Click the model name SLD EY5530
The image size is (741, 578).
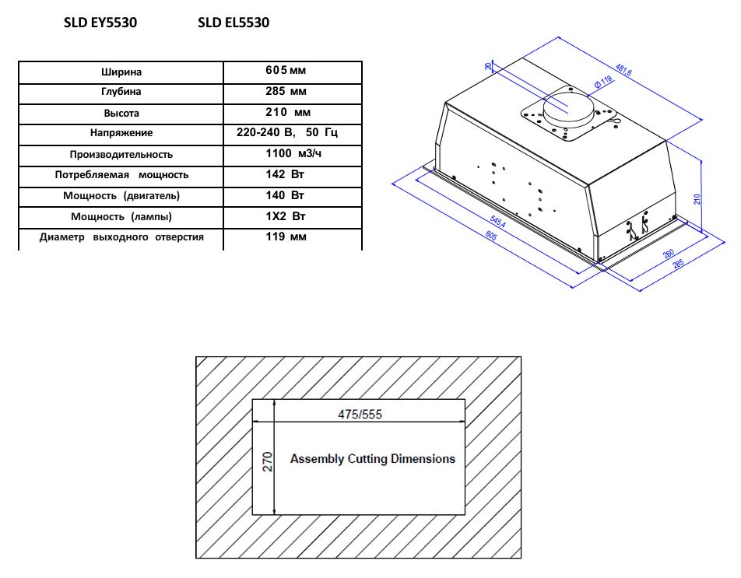(x=100, y=23)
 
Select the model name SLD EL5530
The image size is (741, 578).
(x=234, y=23)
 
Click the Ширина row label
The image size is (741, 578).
(x=121, y=72)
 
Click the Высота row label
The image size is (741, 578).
(x=121, y=113)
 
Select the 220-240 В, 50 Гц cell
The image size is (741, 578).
(x=292, y=133)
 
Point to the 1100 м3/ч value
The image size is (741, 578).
(x=292, y=154)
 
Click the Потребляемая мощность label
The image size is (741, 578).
(x=121, y=175)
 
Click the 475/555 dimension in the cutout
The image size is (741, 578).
(x=360, y=414)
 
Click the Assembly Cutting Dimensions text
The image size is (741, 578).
(x=372, y=459)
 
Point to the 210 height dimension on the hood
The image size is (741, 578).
(x=697, y=198)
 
